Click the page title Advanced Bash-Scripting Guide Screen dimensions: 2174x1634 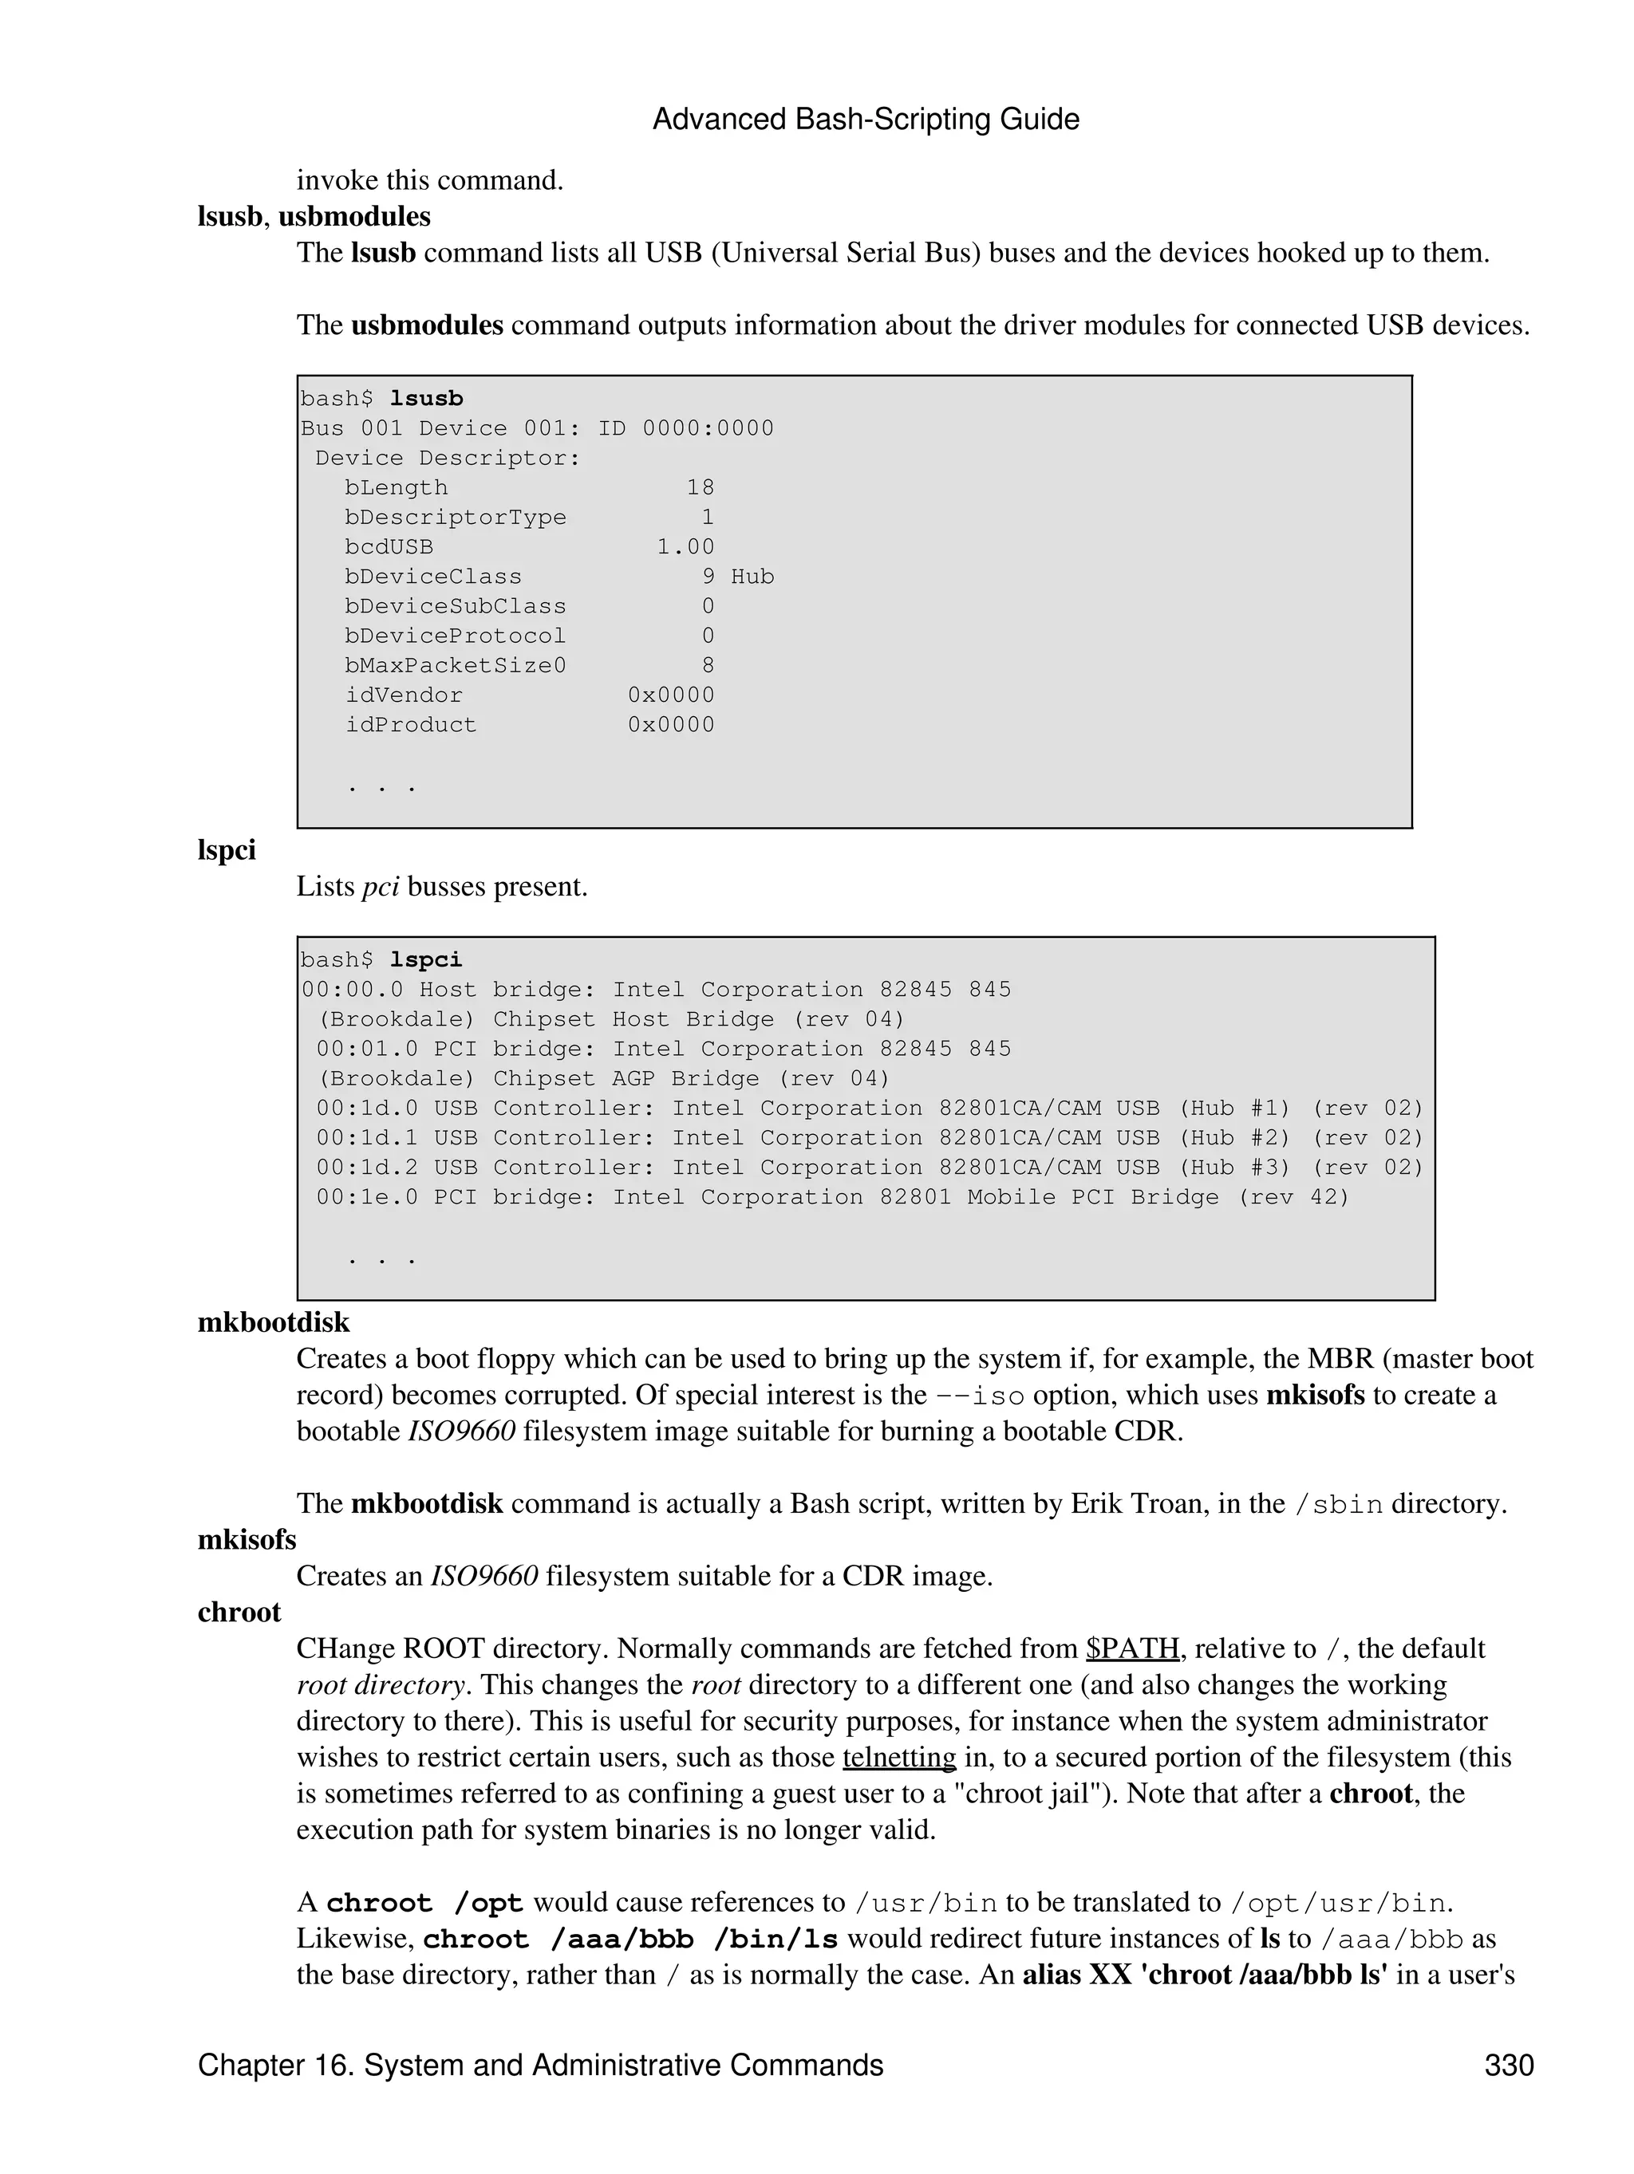click(x=865, y=120)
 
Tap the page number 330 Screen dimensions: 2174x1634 click(x=1508, y=2065)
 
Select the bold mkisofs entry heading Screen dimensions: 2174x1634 click(x=247, y=1539)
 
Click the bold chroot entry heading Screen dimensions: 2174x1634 click(x=239, y=1612)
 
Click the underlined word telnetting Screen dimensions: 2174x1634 click(x=898, y=1756)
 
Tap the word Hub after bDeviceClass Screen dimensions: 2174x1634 click(x=752, y=577)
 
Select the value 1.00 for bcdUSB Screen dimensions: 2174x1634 click(x=685, y=547)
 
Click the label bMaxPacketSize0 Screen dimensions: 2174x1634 click(x=456, y=665)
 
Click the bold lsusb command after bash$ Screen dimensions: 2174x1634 click(x=426, y=399)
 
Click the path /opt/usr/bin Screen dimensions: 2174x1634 click(x=1338, y=1903)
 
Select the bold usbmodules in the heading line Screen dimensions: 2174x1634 click(x=354, y=216)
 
